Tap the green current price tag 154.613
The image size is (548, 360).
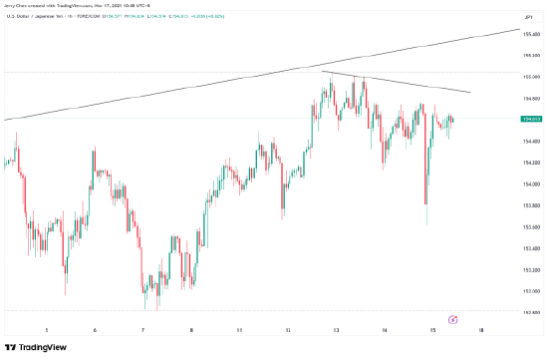(x=532, y=119)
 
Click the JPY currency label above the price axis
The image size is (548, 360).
(x=530, y=17)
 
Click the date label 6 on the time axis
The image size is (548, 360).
(x=95, y=328)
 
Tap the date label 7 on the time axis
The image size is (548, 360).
(x=142, y=328)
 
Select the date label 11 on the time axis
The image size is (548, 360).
(x=239, y=328)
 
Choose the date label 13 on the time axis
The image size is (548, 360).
(x=336, y=328)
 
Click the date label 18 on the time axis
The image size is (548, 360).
(x=481, y=328)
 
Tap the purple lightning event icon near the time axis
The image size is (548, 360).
(x=453, y=319)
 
